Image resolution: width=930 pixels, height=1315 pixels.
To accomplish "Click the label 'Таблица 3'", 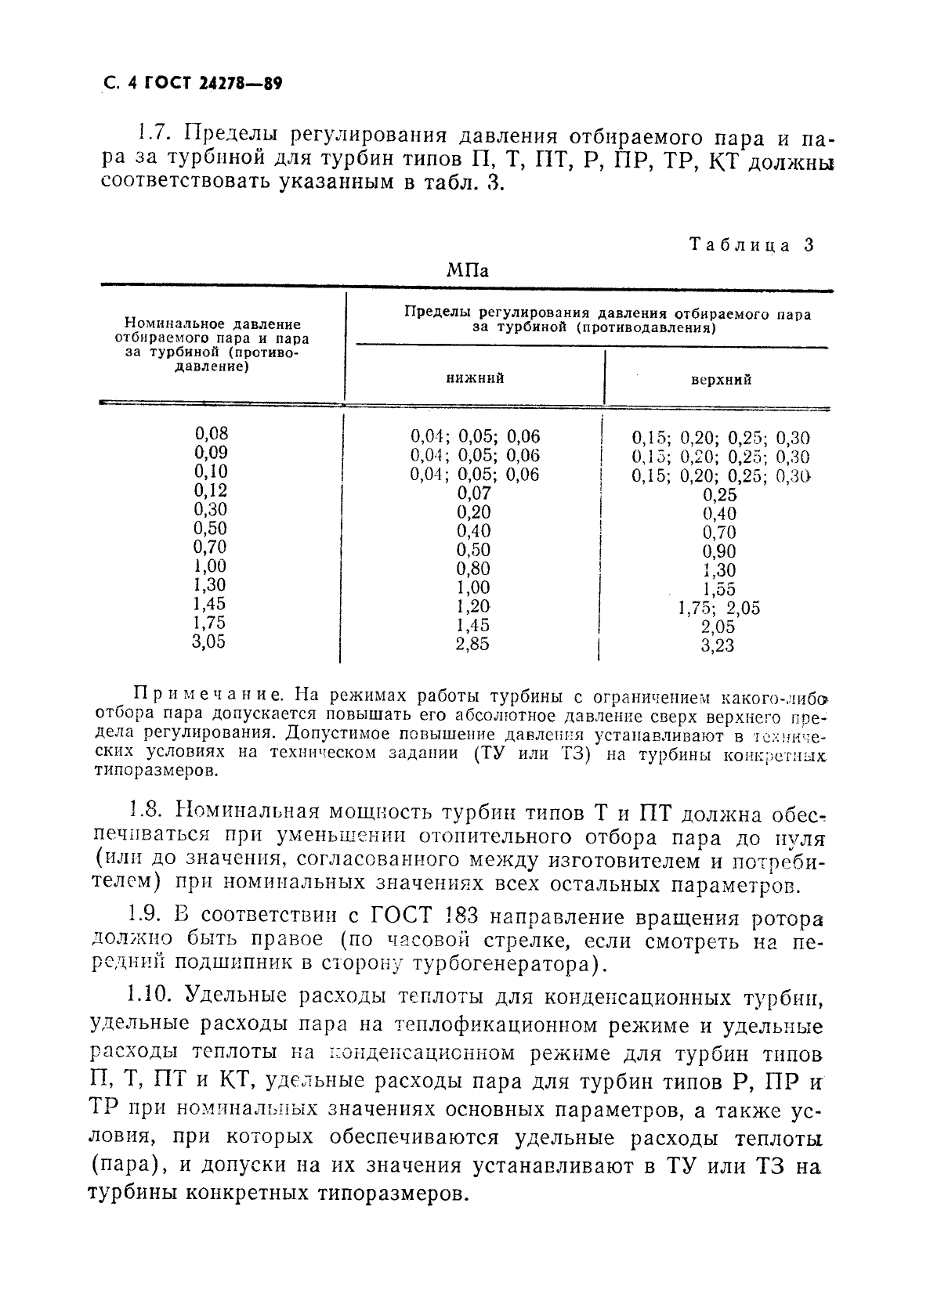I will tap(751, 244).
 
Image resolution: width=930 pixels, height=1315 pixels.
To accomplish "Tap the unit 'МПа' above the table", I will tap(467, 271).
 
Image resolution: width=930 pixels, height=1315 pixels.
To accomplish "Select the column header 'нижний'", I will tap(475, 378).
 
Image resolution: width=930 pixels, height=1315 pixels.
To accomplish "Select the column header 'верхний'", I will tap(720, 380).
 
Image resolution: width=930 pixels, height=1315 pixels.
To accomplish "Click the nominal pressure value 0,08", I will tap(211, 434).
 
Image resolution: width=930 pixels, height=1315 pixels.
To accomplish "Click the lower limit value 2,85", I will tap(473, 644).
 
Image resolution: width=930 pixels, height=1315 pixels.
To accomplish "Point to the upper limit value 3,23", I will tap(718, 646).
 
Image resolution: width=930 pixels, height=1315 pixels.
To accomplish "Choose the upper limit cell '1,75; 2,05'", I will tap(718, 609).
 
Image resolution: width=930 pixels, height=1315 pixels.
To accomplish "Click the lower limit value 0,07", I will tap(473, 493).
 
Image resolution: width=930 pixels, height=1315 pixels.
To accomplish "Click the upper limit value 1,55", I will tap(718, 590).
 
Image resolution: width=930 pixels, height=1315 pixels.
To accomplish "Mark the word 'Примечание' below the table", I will tap(206, 694).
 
